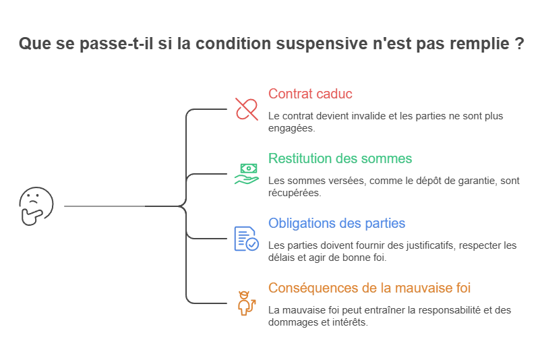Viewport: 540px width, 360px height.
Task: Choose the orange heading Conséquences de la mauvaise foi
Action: pos(369,288)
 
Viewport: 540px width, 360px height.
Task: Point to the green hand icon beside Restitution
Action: pos(245,173)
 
